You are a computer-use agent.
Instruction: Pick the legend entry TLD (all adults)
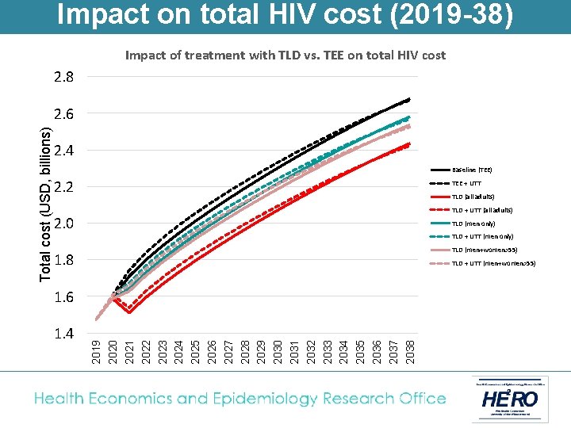pyautogui.click(x=473, y=197)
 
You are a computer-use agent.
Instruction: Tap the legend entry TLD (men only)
pyautogui.click(x=473, y=224)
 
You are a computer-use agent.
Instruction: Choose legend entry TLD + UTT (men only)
pyautogui.click(x=482, y=236)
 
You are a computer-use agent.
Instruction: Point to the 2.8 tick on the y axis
pyautogui.click(x=65, y=78)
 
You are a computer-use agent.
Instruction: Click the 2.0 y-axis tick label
pyautogui.click(x=65, y=224)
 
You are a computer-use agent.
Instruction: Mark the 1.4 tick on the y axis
pyautogui.click(x=65, y=334)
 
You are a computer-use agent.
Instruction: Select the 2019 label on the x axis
pyautogui.click(x=96, y=351)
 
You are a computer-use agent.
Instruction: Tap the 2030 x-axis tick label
pyautogui.click(x=277, y=351)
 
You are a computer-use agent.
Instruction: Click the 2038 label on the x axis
pyautogui.click(x=409, y=351)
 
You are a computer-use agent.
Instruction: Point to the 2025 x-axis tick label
pyautogui.click(x=194, y=351)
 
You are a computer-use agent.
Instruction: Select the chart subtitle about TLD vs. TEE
pyautogui.click(x=285, y=55)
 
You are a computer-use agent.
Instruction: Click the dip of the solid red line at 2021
pyautogui.click(x=129, y=312)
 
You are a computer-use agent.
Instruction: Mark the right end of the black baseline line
pyautogui.click(x=409, y=100)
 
